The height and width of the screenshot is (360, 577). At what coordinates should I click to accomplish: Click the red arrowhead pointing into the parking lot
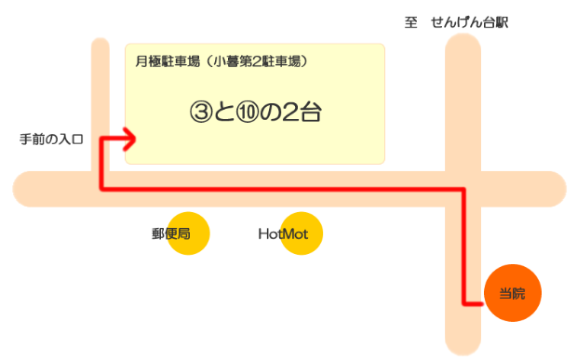131,140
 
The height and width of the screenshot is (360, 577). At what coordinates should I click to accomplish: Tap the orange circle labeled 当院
511,294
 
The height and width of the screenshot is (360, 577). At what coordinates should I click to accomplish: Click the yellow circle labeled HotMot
301,233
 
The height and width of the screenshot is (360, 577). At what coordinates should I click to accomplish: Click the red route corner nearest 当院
463,303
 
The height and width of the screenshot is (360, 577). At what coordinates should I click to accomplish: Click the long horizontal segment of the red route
279,189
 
